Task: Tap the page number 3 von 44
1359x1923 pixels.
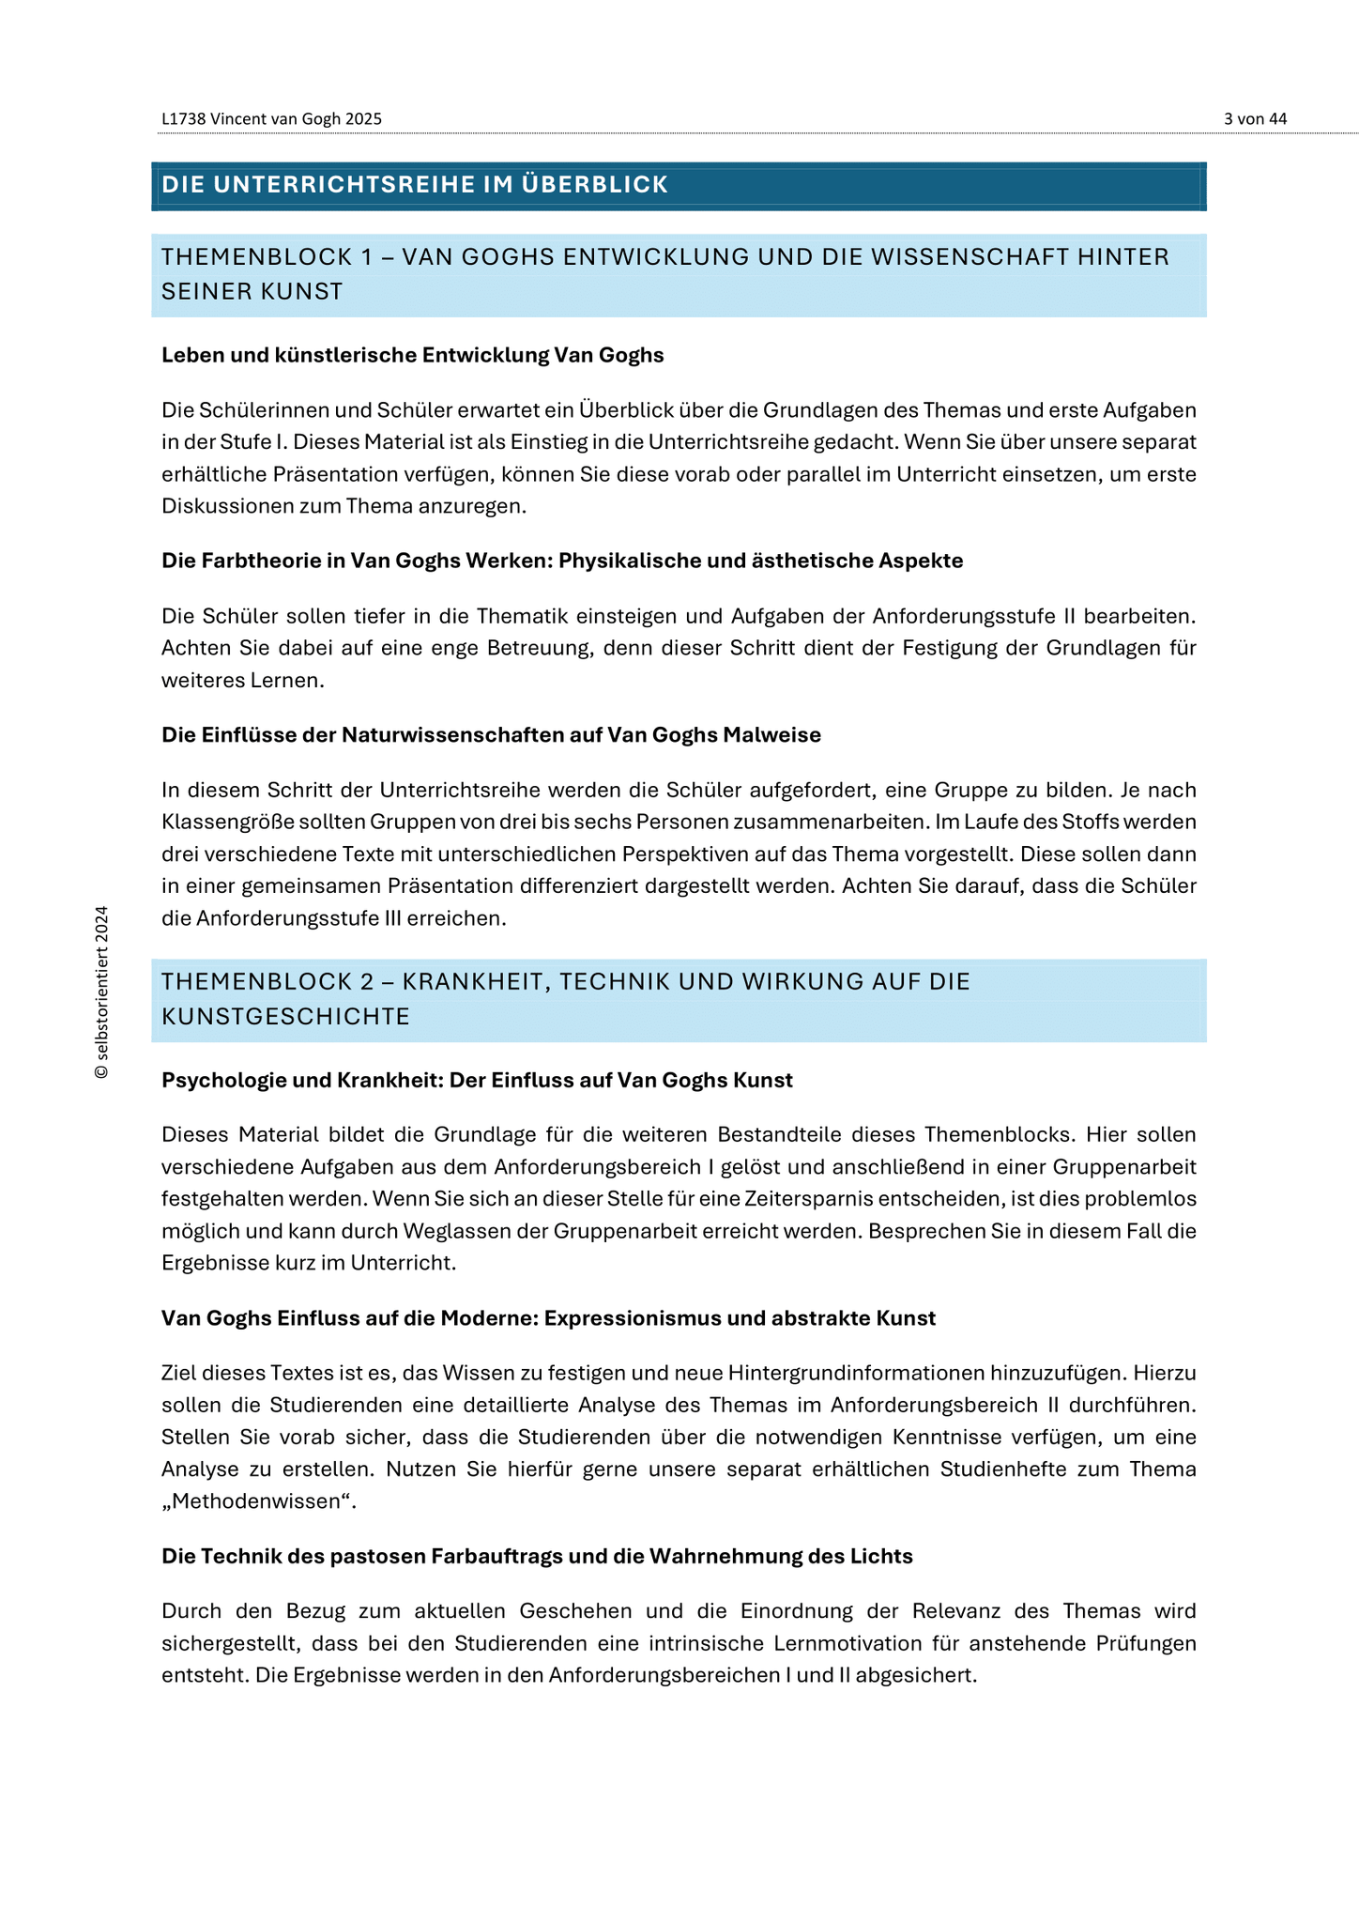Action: click(1255, 119)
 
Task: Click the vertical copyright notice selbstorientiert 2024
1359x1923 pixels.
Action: click(101, 992)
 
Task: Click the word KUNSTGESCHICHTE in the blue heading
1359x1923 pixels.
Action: click(285, 1017)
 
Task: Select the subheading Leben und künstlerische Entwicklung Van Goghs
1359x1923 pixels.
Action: click(412, 355)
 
